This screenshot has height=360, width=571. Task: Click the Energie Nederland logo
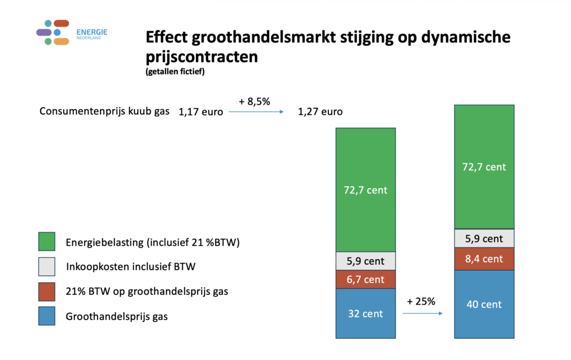click(x=71, y=32)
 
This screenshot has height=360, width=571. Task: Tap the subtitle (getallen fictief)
click(x=175, y=72)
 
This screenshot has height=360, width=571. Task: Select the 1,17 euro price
click(x=201, y=112)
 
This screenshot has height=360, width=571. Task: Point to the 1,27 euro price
click(x=320, y=112)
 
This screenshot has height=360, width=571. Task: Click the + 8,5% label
click(x=255, y=102)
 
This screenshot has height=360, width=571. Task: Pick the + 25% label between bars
click(x=421, y=301)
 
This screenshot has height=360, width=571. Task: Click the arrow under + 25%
click(x=422, y=314)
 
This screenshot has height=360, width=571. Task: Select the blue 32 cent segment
click(x=365, y=313)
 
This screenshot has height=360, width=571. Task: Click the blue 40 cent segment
click(x=484, y=304)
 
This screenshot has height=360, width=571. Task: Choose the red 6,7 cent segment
click(x=365, y=279)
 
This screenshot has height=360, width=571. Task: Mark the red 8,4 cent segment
click(x=484, y=259)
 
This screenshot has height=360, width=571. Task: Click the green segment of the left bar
click(x=365, y=190)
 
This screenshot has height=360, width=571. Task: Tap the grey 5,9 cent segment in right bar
click(x=484, y=239)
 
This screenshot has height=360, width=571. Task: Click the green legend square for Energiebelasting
click(x=46, y=241)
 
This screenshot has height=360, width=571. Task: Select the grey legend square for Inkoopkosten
click(x=46, y=266)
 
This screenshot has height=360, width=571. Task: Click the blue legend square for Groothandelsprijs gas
click(x=46, y=317)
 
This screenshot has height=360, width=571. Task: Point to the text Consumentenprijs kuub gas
click(x=104, y=111)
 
